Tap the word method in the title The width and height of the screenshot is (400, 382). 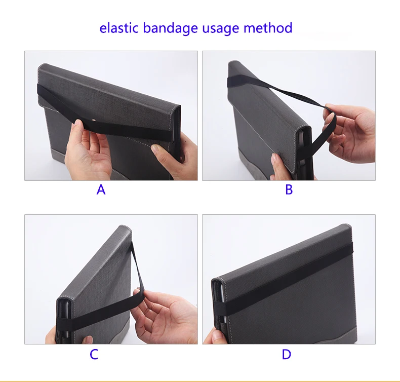pyautogui.click(x=268, y=28)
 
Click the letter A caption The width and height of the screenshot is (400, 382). pyautogui.click(x=101, y=190)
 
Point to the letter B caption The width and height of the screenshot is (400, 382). pyautogui.click(x=289, y=190)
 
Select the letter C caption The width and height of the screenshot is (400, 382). pyautogui.click(x=94, y=355)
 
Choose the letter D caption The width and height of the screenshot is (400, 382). pyautogui.click(x=286, y=355)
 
